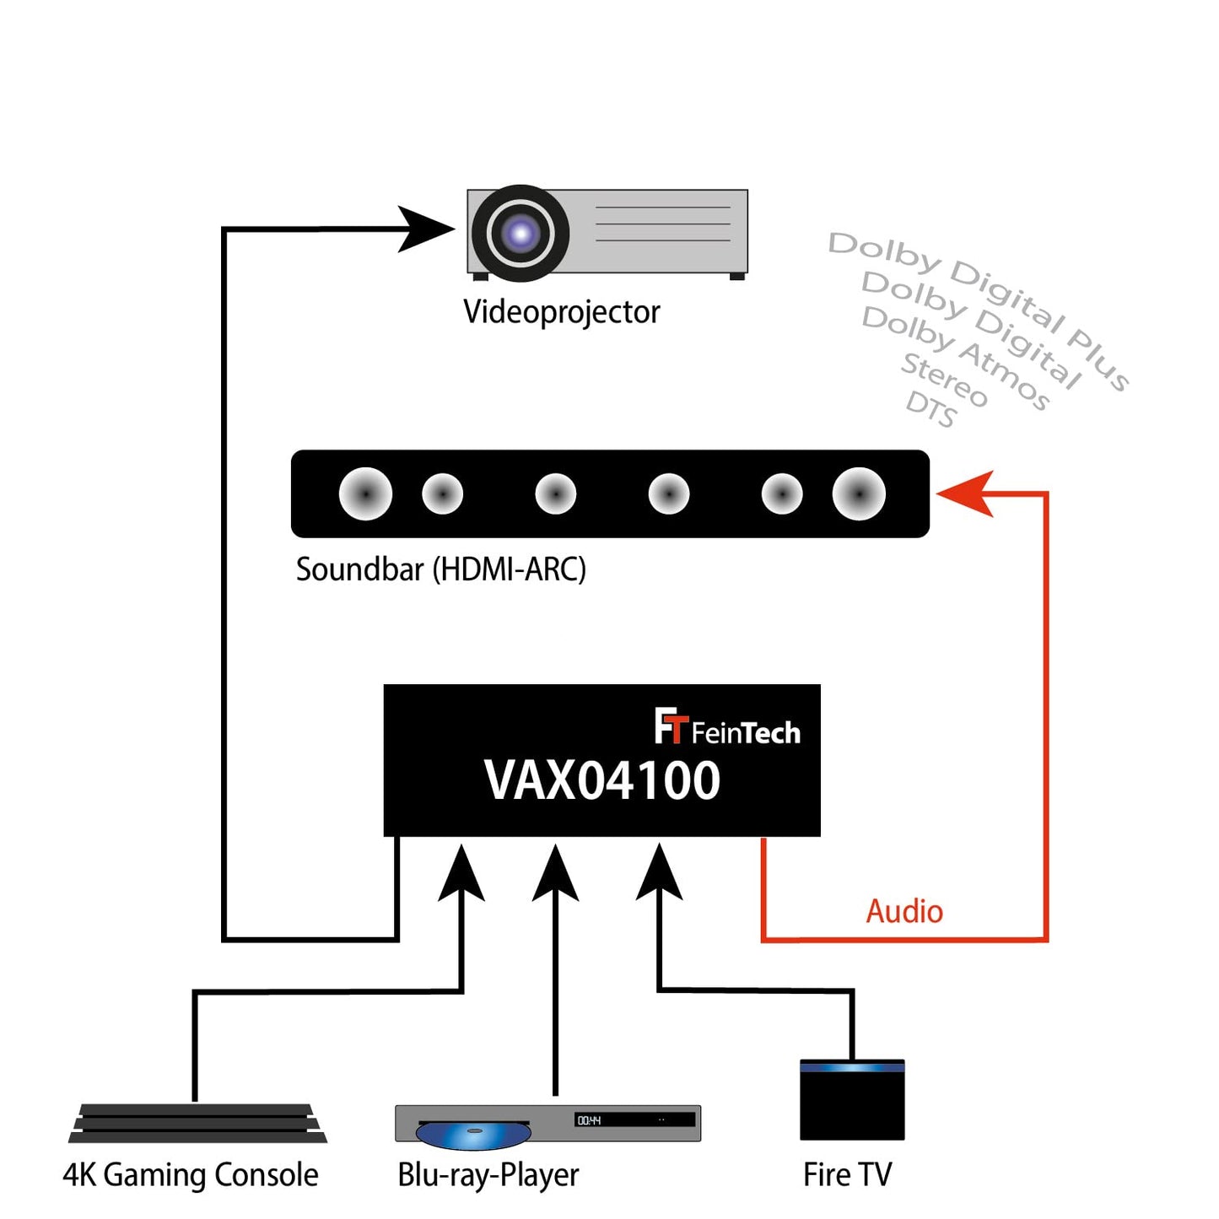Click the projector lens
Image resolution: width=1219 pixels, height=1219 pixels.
point(521,233)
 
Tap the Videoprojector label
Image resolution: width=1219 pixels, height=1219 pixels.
point(561,312)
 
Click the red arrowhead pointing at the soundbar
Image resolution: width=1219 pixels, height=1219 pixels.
point(966,493)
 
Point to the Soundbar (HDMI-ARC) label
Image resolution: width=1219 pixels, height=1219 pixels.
point(440,569)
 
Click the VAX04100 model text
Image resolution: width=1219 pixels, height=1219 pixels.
point(601,780)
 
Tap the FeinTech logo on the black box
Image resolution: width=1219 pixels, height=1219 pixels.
point(727,728)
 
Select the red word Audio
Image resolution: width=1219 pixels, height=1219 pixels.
point(904,911)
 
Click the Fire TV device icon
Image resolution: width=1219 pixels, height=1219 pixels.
point(852,1100)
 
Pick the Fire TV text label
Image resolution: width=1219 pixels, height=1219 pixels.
point(847,1174)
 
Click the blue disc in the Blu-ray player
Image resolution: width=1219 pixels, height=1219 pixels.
point(473,1135)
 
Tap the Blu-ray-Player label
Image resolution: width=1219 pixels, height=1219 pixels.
point(488,1175)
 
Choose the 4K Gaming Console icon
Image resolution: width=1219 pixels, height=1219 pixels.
point(197,1124)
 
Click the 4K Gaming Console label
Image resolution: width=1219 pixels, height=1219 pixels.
point(191,1175)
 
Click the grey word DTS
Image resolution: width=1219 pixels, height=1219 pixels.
point(931,409)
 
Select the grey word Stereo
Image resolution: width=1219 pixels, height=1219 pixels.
point(944,380)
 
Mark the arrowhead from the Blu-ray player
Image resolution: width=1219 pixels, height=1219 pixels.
point(555,873)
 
